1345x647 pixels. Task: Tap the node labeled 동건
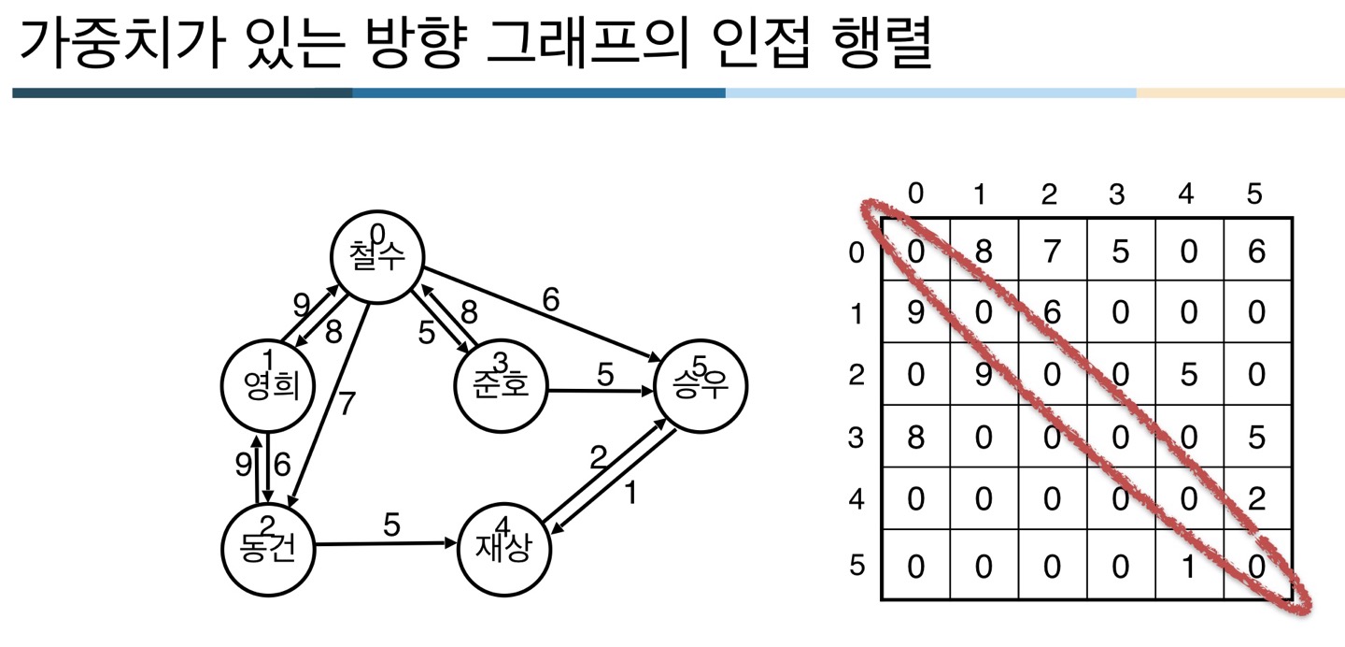(267, 548)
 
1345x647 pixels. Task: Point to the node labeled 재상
(504, 548)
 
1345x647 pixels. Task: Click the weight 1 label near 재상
(630, 492)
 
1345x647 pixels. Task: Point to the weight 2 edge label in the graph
(599, 457)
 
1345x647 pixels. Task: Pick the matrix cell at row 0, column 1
(984, 250)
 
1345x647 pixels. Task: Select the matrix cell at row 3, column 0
(915, 437)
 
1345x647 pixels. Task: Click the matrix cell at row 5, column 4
(1189, 565)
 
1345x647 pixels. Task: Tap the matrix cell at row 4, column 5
(1257, 499)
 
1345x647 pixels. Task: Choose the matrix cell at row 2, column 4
(1189, 374)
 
